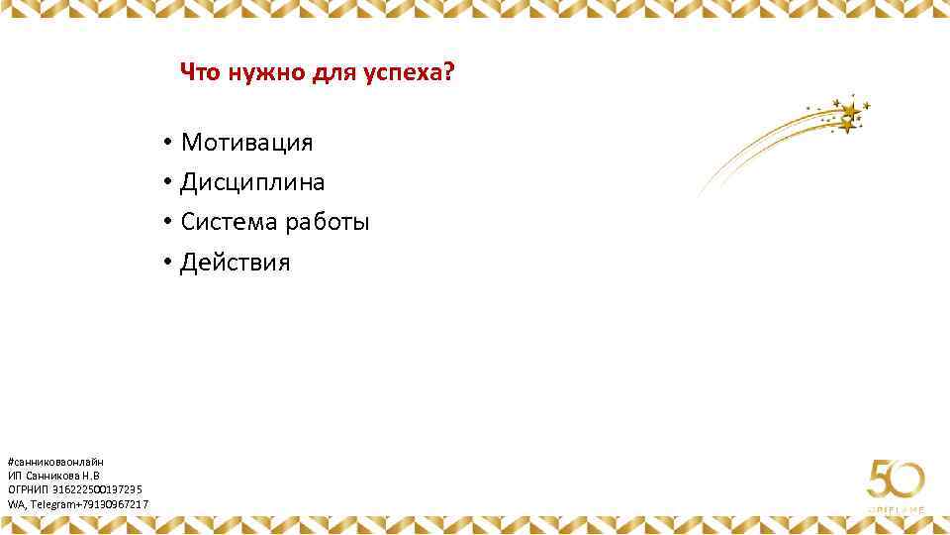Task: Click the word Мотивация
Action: (x=246, y=143)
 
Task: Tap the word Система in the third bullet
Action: (x=229, y=223)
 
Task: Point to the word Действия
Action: (x=236, y=264)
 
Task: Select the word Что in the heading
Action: (x=200, y=73)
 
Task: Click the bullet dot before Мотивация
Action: (x=169, y=143)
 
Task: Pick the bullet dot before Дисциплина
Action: (x=169, y=183)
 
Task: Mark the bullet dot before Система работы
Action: (x=169, y=223)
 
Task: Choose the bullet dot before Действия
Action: (x=169, y=264)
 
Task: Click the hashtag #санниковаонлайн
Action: (x=55, y=462)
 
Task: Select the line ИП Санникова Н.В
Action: (x=53, y=476)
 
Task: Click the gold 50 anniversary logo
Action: (x=896, y=481)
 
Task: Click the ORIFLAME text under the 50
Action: (x=897, y=509)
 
